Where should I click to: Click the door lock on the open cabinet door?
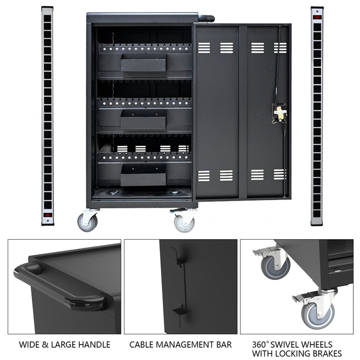point(279,113)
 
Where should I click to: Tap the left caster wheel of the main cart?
point(87,222)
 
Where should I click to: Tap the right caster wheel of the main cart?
point(184,222)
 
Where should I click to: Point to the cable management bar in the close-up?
point(178,283)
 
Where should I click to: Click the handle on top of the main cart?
point(206,19)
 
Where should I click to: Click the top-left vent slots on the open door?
point(204,48)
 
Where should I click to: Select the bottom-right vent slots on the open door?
point(279,174)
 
